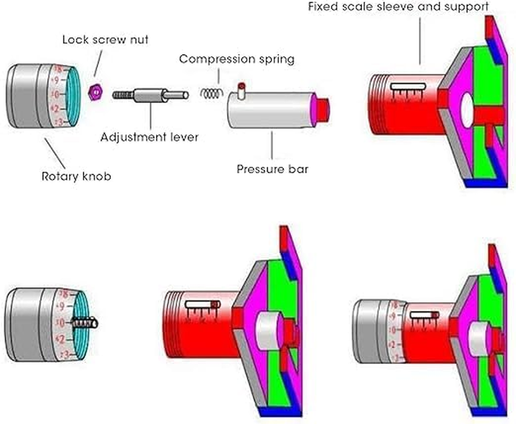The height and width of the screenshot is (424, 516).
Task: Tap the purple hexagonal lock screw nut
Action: click(x=95, y=93)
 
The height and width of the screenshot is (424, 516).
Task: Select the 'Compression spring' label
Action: click(x=236, y=58)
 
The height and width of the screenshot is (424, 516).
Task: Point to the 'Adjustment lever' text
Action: click(x=150, y=137)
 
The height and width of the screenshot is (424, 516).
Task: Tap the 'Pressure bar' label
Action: click(x=272, y=170)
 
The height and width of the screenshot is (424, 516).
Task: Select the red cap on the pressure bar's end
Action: click(x=323, y=108)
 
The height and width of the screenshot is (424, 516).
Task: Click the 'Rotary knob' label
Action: click(x=76, y=176)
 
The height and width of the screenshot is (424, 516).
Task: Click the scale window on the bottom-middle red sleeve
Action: click(x=202, y=305)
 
